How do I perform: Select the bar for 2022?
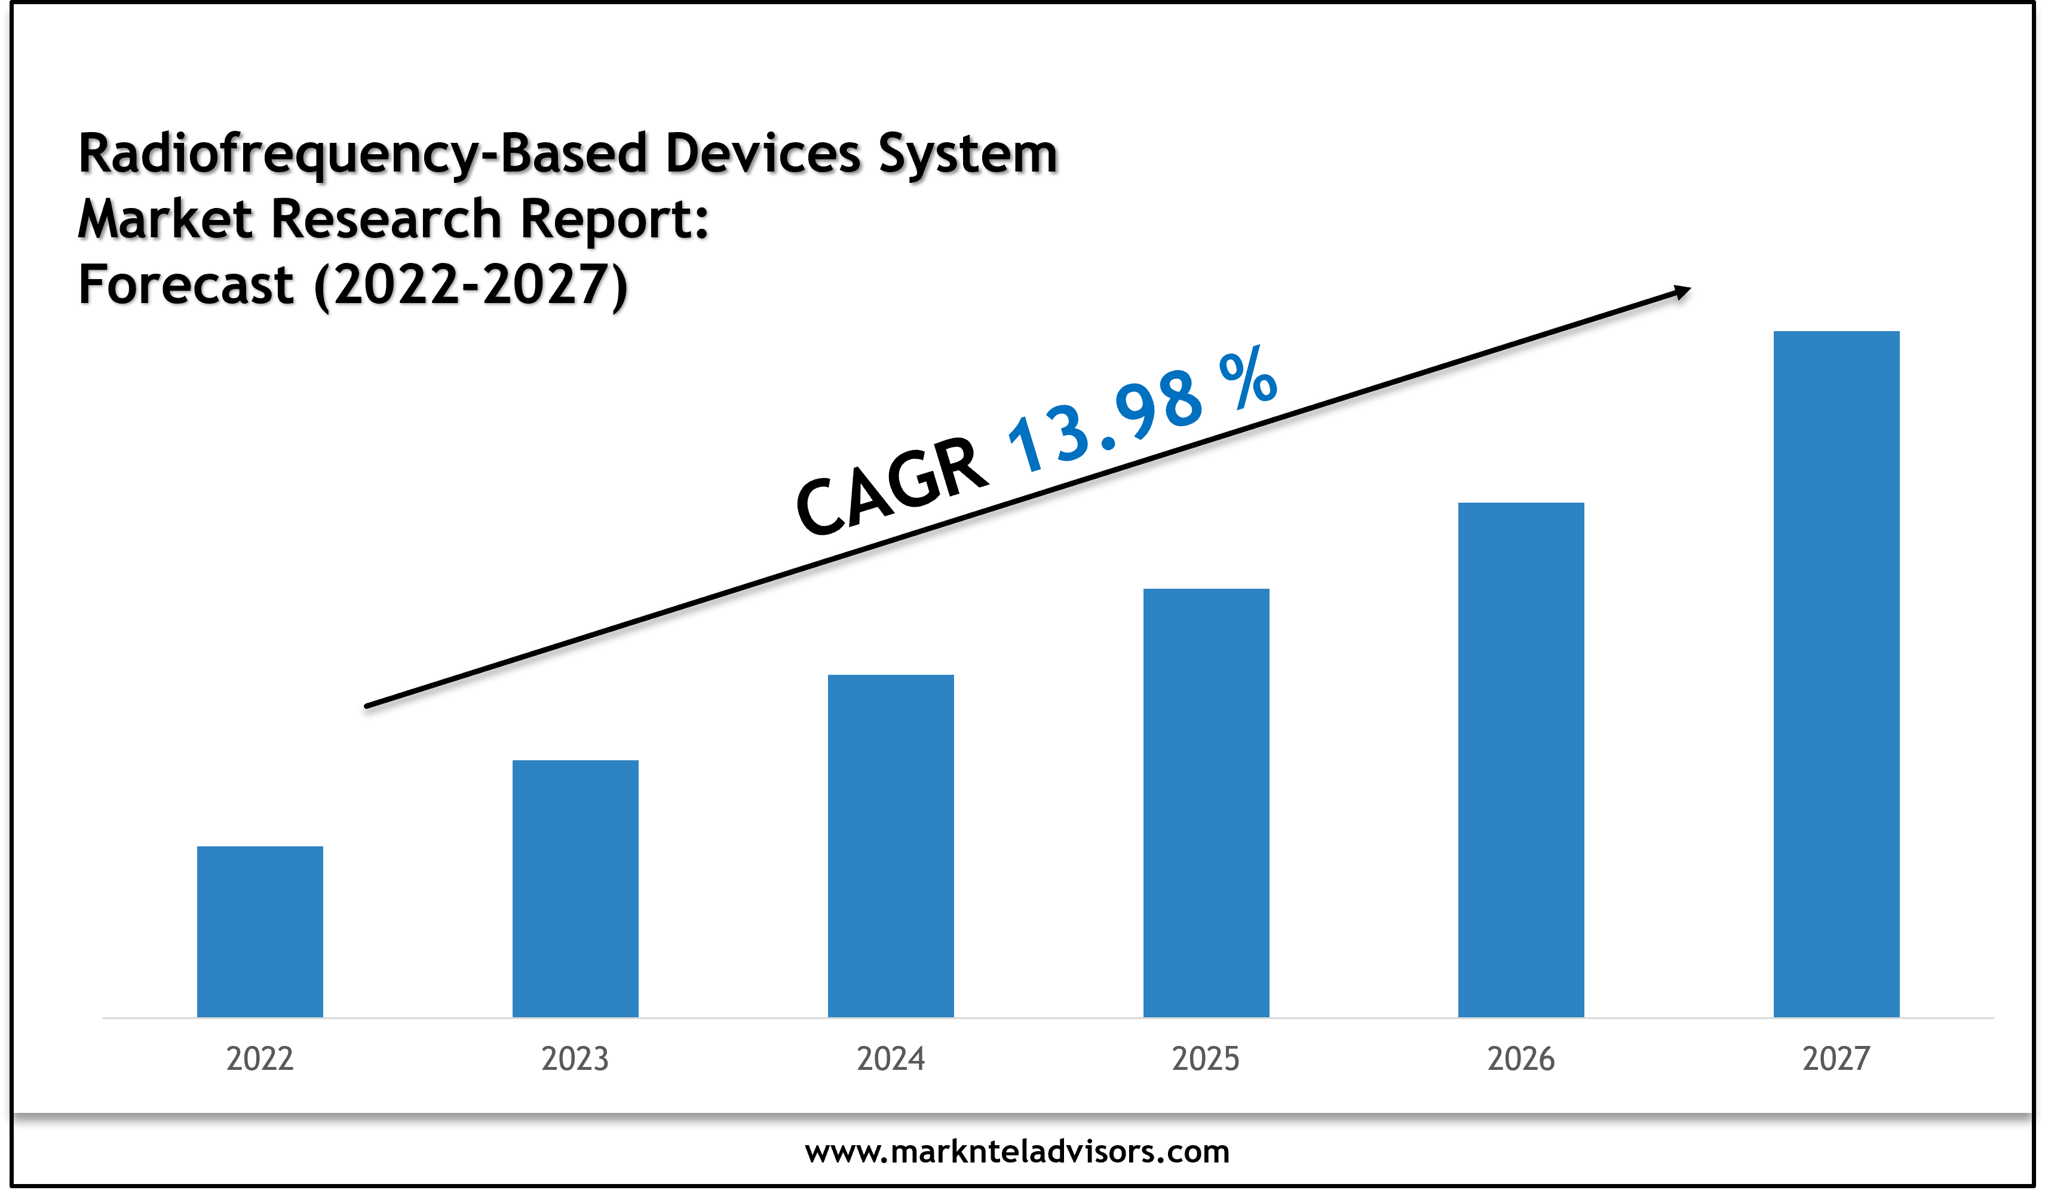click(x=260, y=931)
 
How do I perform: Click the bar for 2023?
click(x=575, y=888)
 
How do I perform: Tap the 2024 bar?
click(x=890, y=845)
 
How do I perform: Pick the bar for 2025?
click(x=1206, y=802)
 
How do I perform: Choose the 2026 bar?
click(x=1521, y=759)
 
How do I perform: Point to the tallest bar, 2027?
click(x=1836, y=674)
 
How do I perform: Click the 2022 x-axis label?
click(x=260, y=1059)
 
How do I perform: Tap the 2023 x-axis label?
click(x=575, y=1059)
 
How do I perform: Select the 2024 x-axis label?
click(x=890, y=1059)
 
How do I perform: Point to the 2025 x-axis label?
click(x=1206, y=1059)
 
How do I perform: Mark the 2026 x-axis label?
click(x=1521, y=1059)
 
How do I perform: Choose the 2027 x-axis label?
click(x=1836, y=1059)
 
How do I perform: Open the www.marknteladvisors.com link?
click(x=1017, y=1151)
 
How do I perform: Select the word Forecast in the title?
click(x=186, y=286)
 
